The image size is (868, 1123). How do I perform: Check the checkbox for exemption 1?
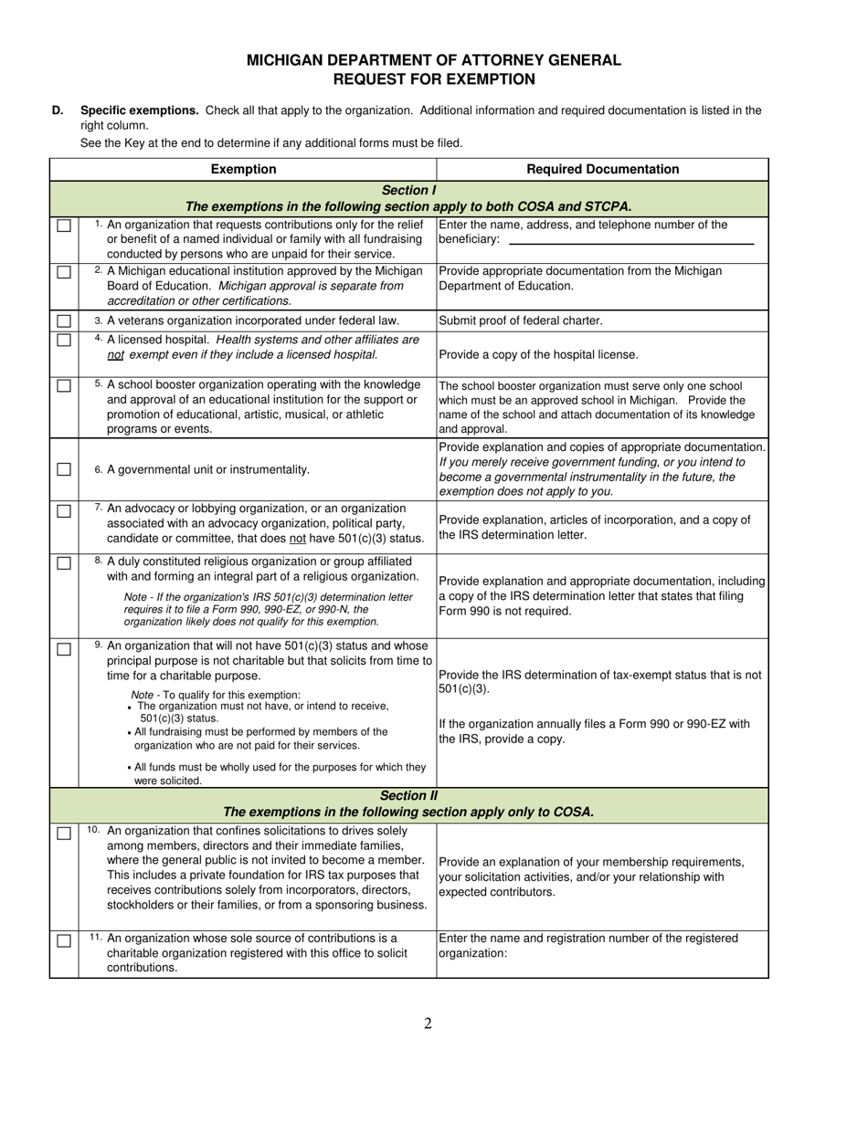(64, 226)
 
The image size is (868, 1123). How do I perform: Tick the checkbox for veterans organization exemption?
(64, 321)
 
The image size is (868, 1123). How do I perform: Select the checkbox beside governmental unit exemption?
(64, 469)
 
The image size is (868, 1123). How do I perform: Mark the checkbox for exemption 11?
(64, 940)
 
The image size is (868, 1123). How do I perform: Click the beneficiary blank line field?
(630, 240)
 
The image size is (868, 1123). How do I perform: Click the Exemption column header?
(243, 169)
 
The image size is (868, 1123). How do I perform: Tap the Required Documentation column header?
(603, 169)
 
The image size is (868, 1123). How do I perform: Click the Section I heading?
(408, 190)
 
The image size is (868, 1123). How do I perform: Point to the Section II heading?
(408, 795)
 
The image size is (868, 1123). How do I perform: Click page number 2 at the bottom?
(428, 1023)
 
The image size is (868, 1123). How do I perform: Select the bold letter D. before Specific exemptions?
(58, 110)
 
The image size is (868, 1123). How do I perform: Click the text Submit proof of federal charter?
(521, 321)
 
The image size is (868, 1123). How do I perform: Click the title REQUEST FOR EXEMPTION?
(433, 79)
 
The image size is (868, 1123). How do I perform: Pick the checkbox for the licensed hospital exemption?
(64, 341)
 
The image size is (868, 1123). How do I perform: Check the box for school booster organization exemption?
(64, 385)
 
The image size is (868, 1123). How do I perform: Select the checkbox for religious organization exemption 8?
(64, 562)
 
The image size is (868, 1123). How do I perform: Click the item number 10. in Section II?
(94, 830)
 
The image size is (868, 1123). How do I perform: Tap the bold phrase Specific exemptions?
(140, 110)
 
